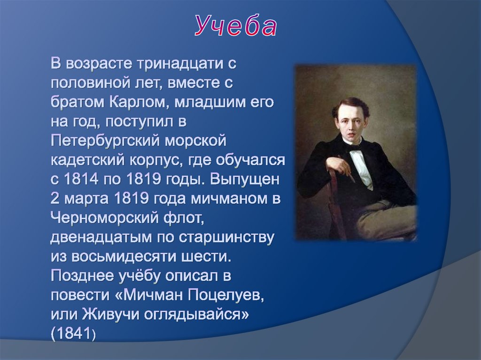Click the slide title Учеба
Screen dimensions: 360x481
(x=236, y=27)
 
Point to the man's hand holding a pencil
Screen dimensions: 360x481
(x=339, y=166)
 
